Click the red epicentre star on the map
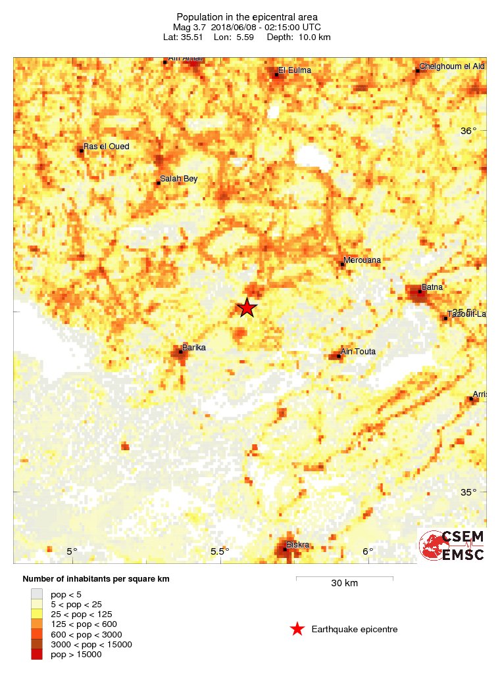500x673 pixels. (246, 308)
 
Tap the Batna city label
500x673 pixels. (432, 287)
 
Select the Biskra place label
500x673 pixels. (297, 544)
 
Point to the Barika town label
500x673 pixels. (195, 346)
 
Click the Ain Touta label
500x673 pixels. (359, 352)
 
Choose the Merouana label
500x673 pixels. (362, 260)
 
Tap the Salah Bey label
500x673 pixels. (179, 179)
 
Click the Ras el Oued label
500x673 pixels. (106, 146)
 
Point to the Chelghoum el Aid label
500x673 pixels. (452, 67)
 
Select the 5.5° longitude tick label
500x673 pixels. (219, 551)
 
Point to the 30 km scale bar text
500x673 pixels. (344, 583)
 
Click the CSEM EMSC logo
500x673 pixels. (452, 545)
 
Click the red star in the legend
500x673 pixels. (297, 630)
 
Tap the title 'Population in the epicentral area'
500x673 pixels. (247, 16)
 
